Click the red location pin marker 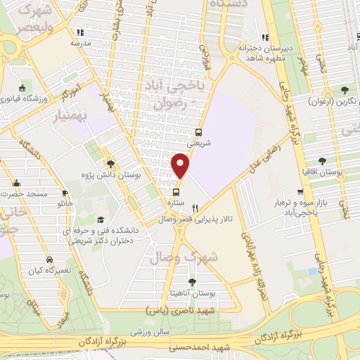[181, 166]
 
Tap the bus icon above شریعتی [199, 131]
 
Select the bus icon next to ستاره [176, 191]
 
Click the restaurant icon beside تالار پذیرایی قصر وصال [195, 208]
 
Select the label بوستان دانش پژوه [108, 173]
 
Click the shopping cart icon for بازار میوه [300, 191]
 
